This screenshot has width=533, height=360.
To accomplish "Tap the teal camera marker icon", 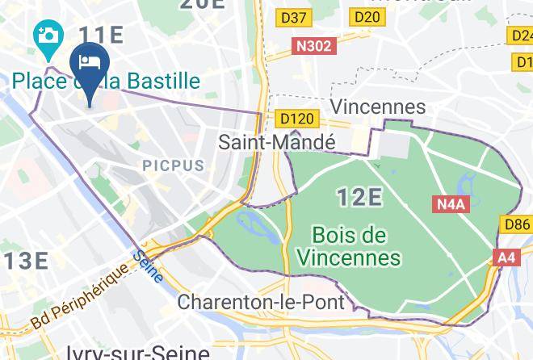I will pos(48,37).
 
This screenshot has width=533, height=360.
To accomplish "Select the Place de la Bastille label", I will pos(106,81).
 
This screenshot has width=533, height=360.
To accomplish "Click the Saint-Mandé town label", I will pos(277,142).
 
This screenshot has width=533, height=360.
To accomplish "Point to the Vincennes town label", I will pos(378,107).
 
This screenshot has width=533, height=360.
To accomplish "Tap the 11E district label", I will pos(100,35).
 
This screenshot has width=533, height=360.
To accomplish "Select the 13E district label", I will pos(24,261).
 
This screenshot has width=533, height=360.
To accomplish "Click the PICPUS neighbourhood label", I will pos(174,165).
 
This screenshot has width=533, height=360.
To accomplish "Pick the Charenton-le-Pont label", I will pos(261,303).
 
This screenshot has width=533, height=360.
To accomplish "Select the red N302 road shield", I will pos(313,46).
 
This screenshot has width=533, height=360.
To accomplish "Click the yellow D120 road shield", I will pos(296,119).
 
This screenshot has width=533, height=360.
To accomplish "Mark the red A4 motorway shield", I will pos(506,257).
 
